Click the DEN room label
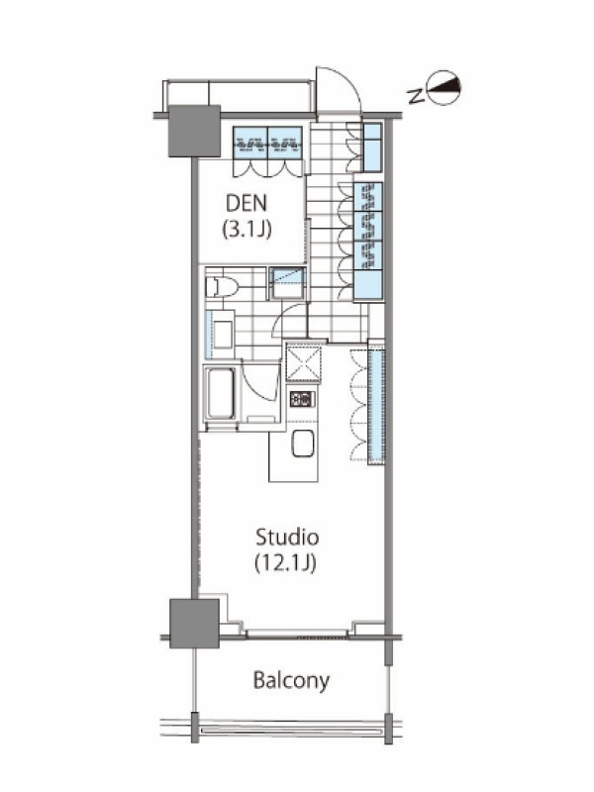click(x=246, y=203)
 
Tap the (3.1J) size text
click(x=247, y=229)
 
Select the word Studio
click(x=287, y=537)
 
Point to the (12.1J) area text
click(x=285, y=562)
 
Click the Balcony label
click(x=291, y=680)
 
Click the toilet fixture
click(x=222, y=287)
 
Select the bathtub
click(x=220, y=392)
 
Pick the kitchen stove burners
click(x=303, y=399)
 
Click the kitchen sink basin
click(x=303, y=443)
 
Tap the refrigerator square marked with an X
click(x=303, y=362)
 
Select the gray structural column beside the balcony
click(x=194, y=624)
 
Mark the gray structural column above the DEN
click(x=194, y=131)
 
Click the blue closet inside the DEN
click(x=267, y=143)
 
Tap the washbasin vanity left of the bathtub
click(x=219, y=334)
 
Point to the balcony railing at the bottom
click(x=291, y=731)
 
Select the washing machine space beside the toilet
click(x=288, y=284)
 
